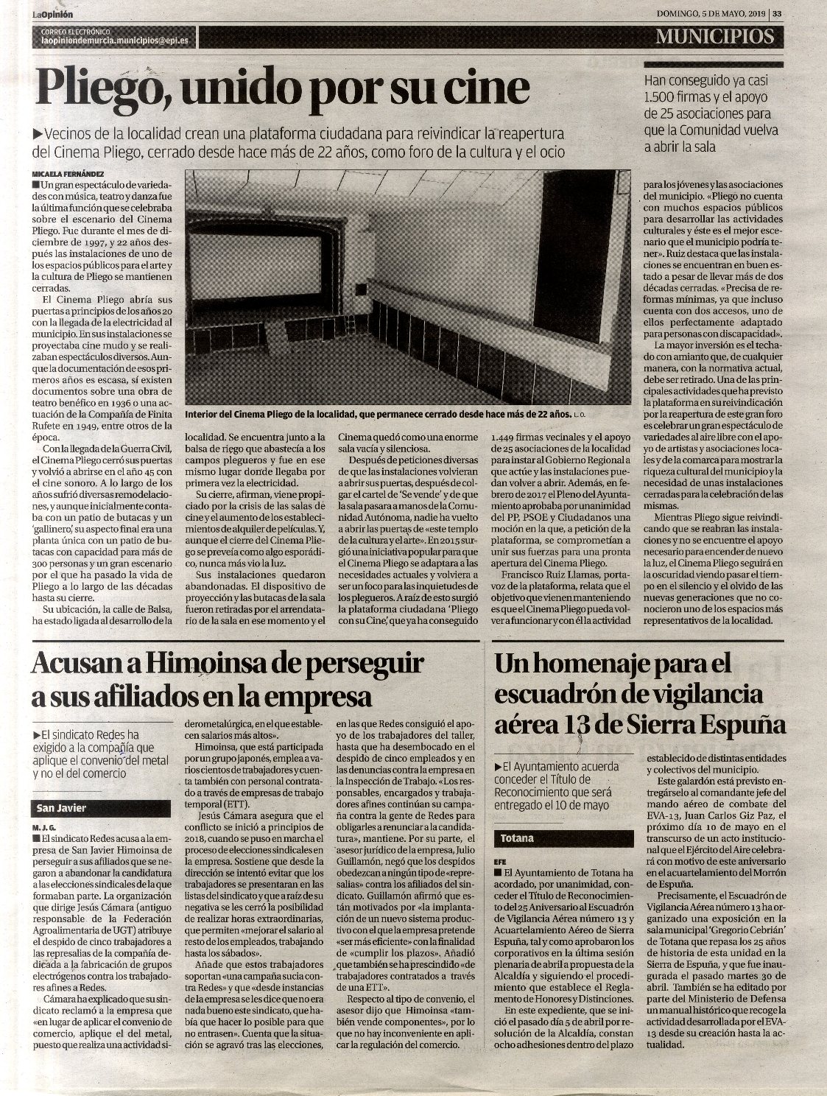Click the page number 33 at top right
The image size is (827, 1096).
[778, 13]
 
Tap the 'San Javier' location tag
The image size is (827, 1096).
[63, 808]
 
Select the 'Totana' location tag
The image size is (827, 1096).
[518, 838]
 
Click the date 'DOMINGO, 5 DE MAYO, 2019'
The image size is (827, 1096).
[711, 13]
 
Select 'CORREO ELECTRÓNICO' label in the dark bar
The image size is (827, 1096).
[76, 32]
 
